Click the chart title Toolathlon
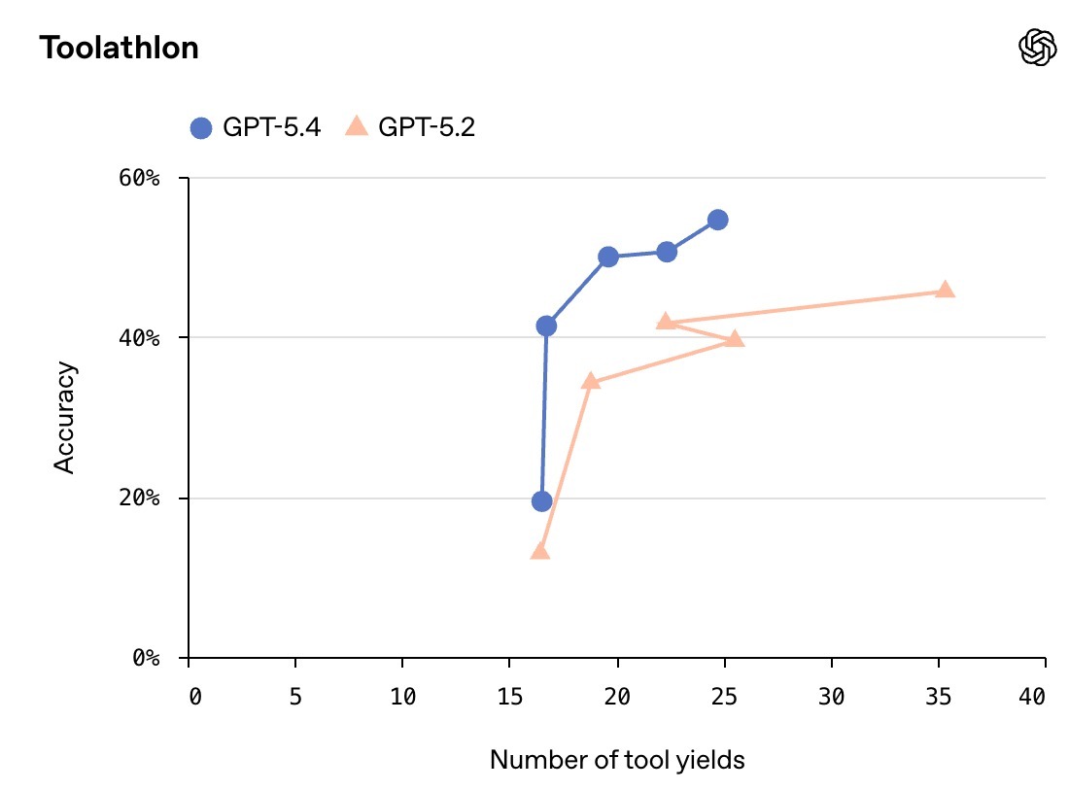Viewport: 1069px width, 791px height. pyautogui.click(x=119, y=48)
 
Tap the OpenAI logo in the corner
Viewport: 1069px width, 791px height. pyautogui.click(x=1037, y=47)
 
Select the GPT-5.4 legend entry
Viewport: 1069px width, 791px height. pyautogui.click(x=255, y=126)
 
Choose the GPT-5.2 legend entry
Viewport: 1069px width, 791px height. pyautogui.click(x=411, y=126)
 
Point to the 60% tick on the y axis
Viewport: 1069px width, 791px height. pyautogui.click(x=154, y=179)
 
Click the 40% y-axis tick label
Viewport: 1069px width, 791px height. pyautogui.click(x=154, y=338)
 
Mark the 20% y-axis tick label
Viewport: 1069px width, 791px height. pyautogui.click(x=154, y=499)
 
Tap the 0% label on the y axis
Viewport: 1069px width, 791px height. pyautogui.click(x=158, y=659)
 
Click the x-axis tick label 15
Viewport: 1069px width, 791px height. pyautogui.click(x=509, y=697)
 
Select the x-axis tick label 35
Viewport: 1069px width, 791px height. pyautogui.click(x=938, y=697)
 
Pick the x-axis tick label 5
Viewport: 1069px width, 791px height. pyautogui.click(x=295, y=697)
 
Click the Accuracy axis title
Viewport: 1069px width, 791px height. pyautogui.click(x=64, y=418)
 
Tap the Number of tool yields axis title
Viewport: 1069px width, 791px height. pyautogui.click(x=617, y=759)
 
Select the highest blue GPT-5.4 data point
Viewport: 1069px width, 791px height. pyautogui.click(x=717, y=220)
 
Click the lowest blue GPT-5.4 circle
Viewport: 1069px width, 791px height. pyautogui.click(x=541, y=501)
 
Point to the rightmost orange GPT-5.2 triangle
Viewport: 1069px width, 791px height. pyautogui.click(x=945, y=290)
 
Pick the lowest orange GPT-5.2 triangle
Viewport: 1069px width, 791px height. pyautogui.click(x=539, y=551)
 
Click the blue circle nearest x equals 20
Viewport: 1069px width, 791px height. pyautogui.click(x=608, y=257)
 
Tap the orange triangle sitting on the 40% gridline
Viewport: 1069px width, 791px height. pyautogui.click(x=735, y=338)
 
